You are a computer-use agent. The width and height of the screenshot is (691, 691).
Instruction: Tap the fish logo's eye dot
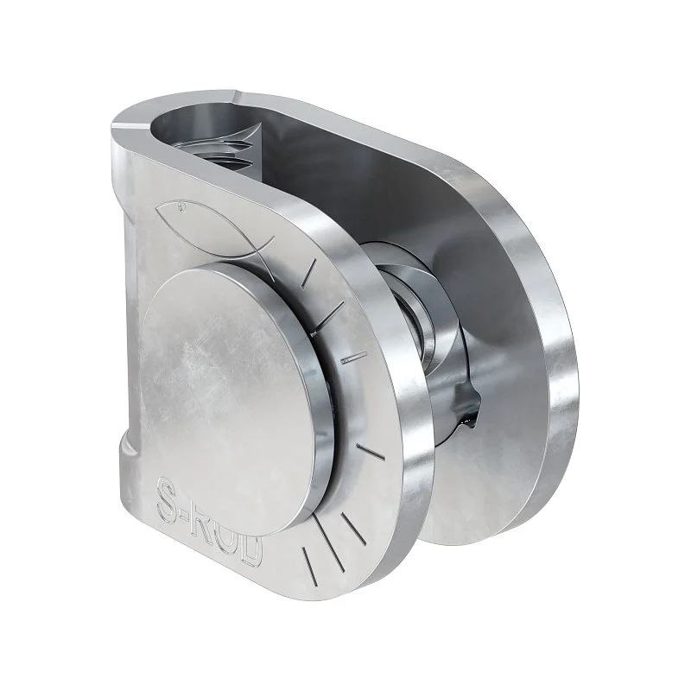[181, 206]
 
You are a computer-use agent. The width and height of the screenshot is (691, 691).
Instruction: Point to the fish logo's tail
[263, 256]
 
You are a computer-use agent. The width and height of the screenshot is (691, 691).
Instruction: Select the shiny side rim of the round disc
[316, 396]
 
